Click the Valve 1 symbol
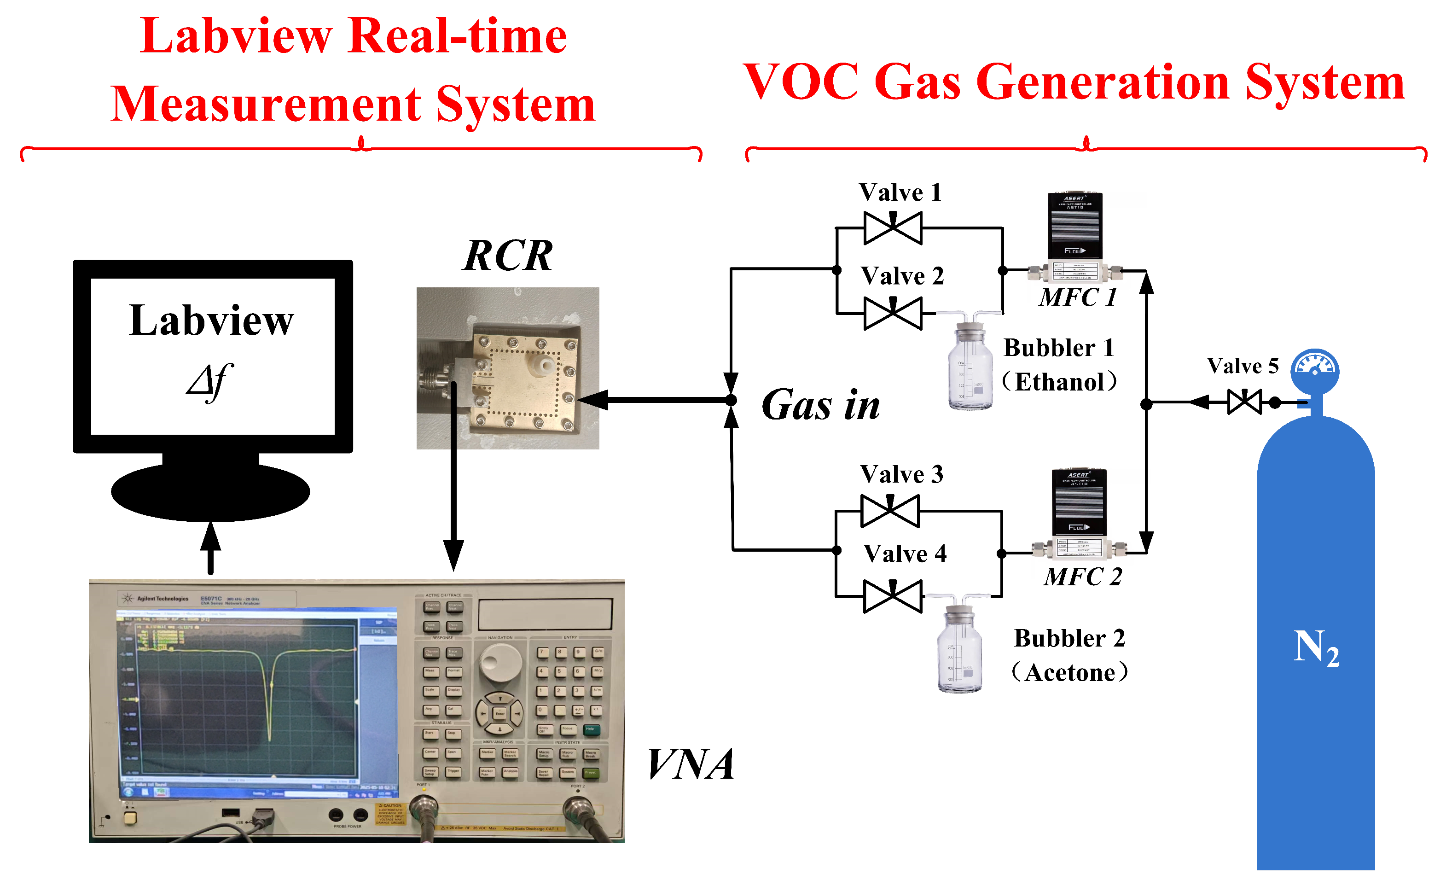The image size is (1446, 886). tap(893, 228)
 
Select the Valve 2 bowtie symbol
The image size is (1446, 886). tap(893, 314)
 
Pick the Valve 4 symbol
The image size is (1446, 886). tap(893, 596)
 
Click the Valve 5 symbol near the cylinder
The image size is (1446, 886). tap(1244, 402)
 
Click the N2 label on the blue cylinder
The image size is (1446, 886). tap(1316, 647)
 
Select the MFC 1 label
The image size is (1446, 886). tap(1077, 297)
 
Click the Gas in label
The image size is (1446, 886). tap(820, 405)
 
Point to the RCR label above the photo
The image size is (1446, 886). tap(508, 256)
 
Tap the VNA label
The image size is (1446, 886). tap(691, 764)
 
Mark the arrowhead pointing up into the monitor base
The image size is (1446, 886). tap(210, 536)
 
